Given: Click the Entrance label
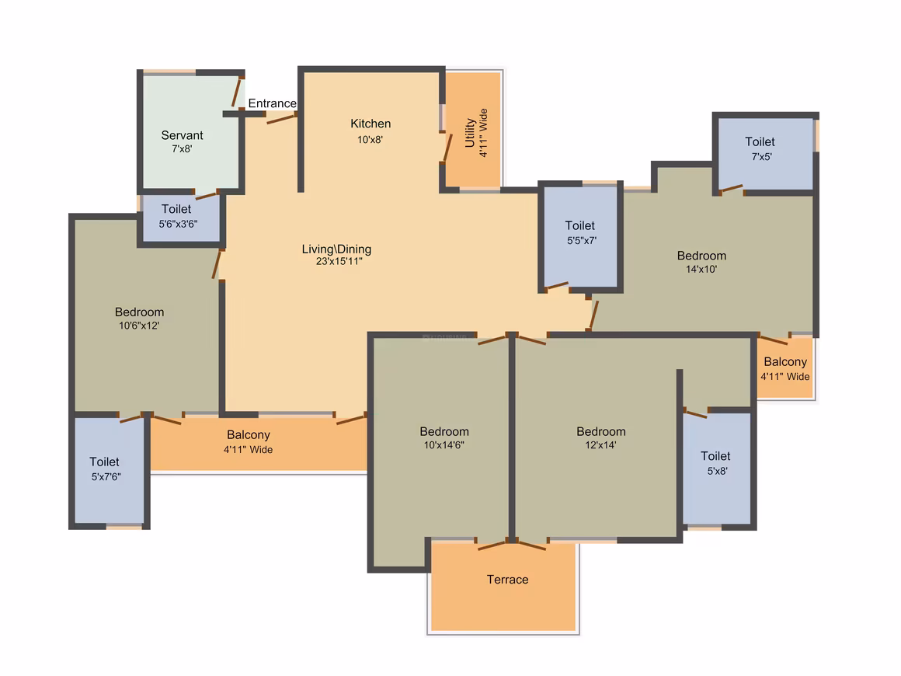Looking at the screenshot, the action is pos(273,103).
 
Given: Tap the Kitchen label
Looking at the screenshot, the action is pos(370,124).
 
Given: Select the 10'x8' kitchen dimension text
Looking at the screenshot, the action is pos(370,139).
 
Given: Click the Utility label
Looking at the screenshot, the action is pos(470,133).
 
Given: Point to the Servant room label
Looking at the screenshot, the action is pos(183,135).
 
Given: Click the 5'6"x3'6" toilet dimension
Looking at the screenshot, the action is pos(178,224).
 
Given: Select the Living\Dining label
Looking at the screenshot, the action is pos(337,249).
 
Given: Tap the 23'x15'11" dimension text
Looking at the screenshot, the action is pos(339,261).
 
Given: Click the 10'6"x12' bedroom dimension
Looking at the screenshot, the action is pos(139,326).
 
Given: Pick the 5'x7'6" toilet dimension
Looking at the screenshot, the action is pos(106,476).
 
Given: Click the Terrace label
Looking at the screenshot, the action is pos(507,580).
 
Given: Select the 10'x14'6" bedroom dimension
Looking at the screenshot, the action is pos(444,445).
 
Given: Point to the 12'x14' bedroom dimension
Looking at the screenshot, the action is pos(600,445).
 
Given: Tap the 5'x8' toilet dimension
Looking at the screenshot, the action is pos(717,471).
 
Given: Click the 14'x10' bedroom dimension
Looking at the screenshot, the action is pos(701,269).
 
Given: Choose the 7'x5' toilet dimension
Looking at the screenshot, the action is pos(762,156).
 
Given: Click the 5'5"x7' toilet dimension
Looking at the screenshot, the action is pos(582,240).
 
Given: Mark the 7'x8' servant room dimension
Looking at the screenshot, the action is pos(183,148).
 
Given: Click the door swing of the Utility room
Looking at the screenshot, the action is pos(447,147).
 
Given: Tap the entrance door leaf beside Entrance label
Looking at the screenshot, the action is pos(281,119).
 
